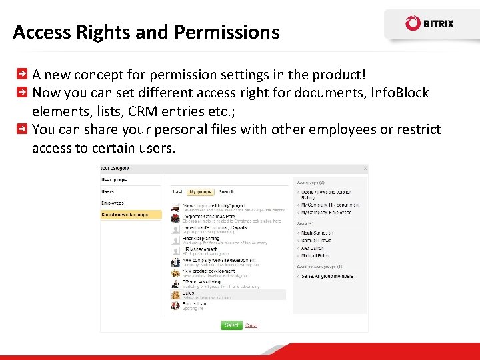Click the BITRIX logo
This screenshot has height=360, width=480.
[429, 23]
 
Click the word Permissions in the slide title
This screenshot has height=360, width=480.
[232, 32]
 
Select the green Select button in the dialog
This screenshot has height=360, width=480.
[231, 325]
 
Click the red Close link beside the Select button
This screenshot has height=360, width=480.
[251, 325]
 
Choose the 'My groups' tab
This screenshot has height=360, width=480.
[199, 191]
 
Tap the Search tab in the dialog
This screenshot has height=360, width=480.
[226, 191]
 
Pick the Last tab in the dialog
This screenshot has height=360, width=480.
[178, 191]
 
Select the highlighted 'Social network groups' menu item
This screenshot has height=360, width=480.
[125, 215]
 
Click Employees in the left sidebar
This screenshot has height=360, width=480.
[113, 203]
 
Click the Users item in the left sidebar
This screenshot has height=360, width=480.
[108, 191]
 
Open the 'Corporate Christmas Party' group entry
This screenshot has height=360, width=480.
[209, 217]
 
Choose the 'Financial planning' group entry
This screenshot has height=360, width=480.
[201, 238]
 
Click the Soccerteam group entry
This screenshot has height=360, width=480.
[195, 304]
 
